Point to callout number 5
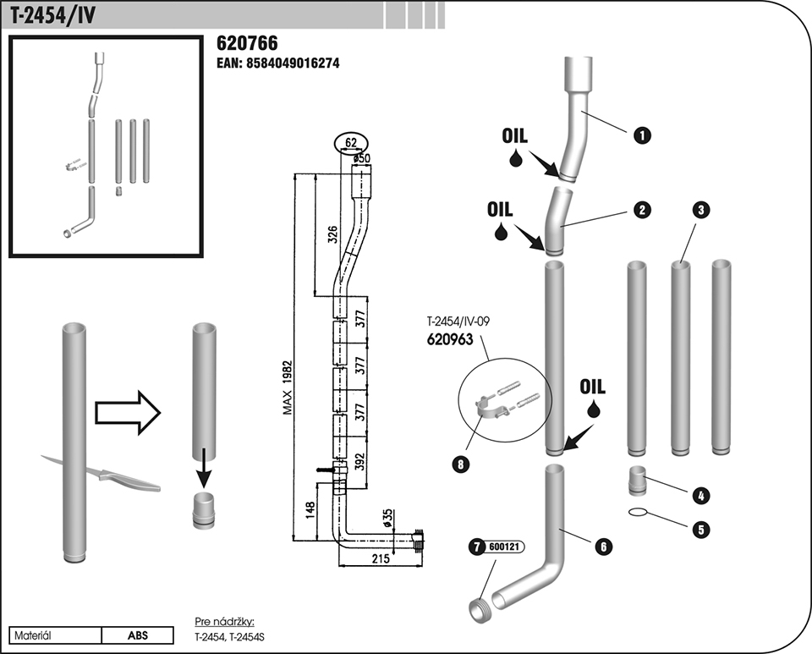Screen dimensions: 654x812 click(x=700, y=530)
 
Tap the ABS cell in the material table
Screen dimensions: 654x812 click(x=138, y=635)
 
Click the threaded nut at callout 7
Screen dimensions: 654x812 click(x=480, y=605)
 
